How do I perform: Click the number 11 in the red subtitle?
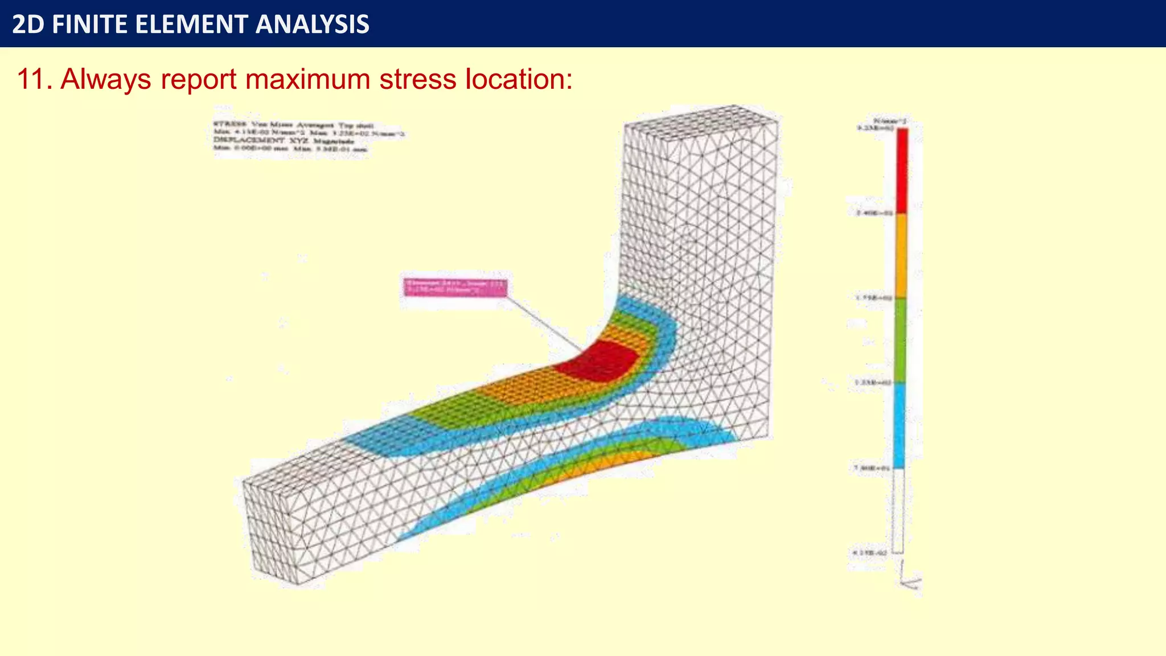click(31, 79)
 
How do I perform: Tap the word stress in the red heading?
click(418, 79)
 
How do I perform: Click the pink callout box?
click(455, 287)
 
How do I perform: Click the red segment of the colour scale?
click(902, 170)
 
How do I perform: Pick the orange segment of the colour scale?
click(901, 255)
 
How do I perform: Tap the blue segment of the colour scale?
click(900, 425)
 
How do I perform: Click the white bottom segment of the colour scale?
click(898, 510)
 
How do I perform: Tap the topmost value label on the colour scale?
click(874, 128)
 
